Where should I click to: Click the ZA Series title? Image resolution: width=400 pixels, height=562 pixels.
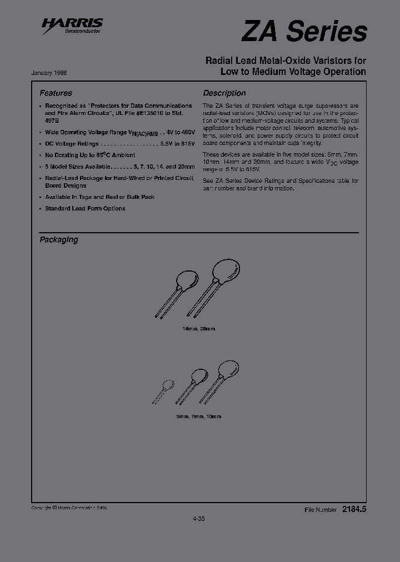tap(304, 32)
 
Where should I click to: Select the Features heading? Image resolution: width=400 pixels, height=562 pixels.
tap(56, 93)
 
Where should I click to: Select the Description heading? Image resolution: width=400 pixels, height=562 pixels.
tap(224, 93)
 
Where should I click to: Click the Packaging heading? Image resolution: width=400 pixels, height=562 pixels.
tap(58, 240)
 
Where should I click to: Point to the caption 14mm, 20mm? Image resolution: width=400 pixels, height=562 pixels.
tap(198, 329)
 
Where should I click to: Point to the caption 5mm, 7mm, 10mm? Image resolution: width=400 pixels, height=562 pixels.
tap(198, 417)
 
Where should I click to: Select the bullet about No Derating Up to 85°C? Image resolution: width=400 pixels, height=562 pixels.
tap(90, 155)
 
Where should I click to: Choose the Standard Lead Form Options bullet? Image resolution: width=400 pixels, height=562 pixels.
tap(85, 208)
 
